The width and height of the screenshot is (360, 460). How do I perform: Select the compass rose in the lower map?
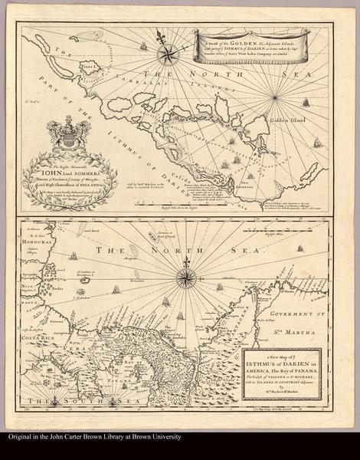(185, 277)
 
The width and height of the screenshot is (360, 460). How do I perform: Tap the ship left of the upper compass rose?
(143, 47)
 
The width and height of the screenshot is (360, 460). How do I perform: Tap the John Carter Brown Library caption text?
(93, 437)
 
